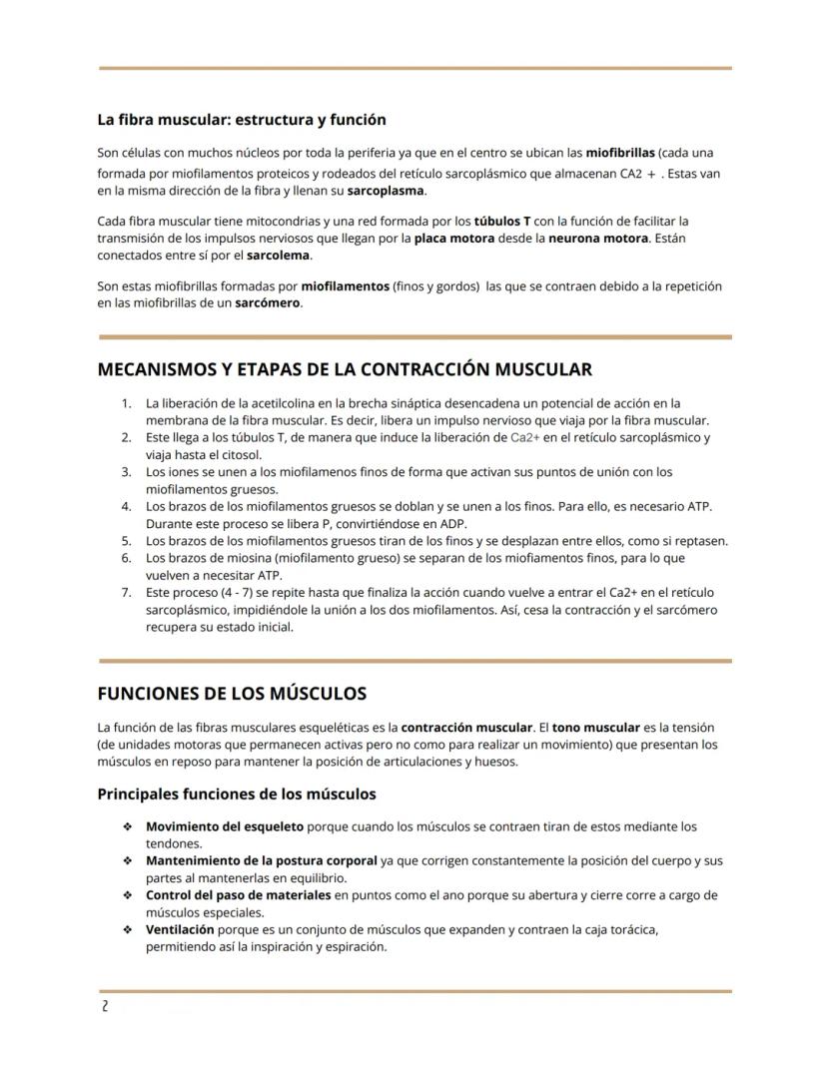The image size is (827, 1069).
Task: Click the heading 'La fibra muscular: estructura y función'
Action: pyautogui.click(x=242, y=120)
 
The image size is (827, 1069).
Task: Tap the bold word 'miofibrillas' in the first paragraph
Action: pyautogui.click(x=620, y=153)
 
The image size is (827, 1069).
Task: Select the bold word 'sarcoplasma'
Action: pyautogui.click(x=386, y=190)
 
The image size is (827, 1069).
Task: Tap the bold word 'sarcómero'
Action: pyautogui.click(x=268, y=302)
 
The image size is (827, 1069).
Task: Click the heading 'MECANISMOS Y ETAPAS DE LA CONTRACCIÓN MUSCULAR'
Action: pyautogui.click(x=345, y=369)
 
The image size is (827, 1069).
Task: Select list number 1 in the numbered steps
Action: pyautogui.click(x=126, y=403)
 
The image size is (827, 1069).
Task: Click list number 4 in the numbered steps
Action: pyautogui.click(x=126, y=506)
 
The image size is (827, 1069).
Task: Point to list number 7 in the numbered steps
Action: pyautogui.click(x=126, y=592)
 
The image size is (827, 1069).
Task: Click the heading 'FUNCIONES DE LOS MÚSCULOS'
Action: pyautogui.click(x=232, y=693)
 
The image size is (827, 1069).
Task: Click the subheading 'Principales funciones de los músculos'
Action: pyautogui.click(x=237, y=795)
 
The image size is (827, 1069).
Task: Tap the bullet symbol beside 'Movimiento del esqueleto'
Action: pyautogui.click(x=126, y=826)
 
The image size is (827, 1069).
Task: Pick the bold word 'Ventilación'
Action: pyautogui.click(x=180, y=929)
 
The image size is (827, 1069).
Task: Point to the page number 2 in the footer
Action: pyautogui.click(x=105, y=1007)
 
